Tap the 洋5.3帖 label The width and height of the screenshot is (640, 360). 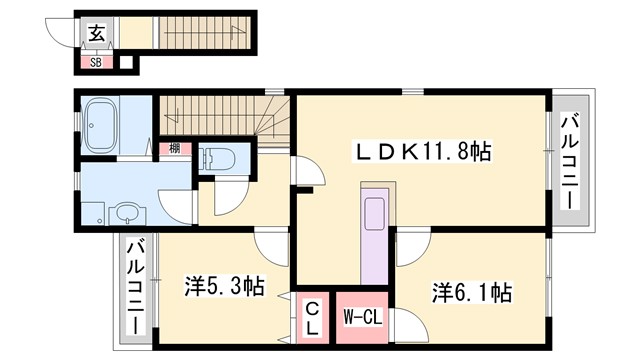click(x=223, y=286)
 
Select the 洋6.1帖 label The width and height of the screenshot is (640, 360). click(x=472, y=292)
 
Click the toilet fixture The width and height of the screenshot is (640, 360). click(x=218, y=159)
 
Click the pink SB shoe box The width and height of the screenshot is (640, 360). click(x=96, y=62)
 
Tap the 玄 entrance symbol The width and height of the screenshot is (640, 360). click(x=97, y=33)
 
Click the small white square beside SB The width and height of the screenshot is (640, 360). click(x=126, y=63)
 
